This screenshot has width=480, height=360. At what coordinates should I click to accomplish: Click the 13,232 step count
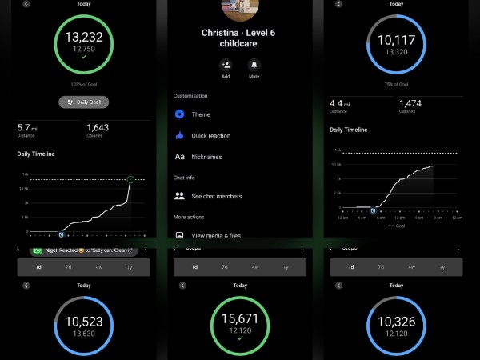[84, 37]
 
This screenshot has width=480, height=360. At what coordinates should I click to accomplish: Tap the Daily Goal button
[84, 102]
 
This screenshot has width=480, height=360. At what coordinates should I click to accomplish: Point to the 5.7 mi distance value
[26, 127]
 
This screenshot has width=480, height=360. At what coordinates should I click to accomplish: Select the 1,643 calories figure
[98, 127]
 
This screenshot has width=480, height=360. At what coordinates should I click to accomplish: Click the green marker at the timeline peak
[130, 179]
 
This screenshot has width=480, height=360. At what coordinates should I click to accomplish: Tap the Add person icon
[226, 66]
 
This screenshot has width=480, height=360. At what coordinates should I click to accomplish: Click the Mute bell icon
[254, 66]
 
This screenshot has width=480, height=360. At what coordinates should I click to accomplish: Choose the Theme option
[201, 114]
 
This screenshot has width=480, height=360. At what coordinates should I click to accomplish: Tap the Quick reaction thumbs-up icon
[180, 136]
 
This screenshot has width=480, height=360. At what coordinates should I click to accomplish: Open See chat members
[216, 196]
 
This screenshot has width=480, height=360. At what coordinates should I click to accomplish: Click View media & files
[216, 235]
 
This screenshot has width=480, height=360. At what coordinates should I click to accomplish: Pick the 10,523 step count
[84, 322]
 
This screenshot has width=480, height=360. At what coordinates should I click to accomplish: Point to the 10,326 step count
[396, 322]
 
